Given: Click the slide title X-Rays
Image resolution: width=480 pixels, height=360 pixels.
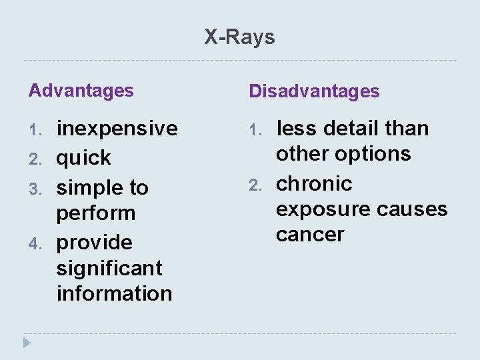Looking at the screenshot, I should (x=239, y=37).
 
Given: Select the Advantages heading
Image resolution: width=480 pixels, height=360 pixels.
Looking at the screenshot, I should (x=81, y=91).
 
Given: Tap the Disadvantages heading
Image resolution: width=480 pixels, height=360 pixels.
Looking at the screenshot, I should (x=314, y=91).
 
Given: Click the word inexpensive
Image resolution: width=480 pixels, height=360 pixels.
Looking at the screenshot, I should (x=117, y=128).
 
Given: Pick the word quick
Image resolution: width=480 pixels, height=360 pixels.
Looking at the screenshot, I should (x=83, y=158).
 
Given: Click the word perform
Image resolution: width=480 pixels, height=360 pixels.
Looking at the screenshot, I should (x=95, y=213).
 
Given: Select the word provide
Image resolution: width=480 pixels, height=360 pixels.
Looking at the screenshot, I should (x=94, y=243).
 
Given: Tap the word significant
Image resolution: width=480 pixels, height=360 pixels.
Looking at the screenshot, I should (x=109, y=268).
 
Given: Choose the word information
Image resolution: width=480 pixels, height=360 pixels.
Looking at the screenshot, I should (x=114, y=293).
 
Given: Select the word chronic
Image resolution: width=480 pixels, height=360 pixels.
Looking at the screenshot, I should (x=313, y=183).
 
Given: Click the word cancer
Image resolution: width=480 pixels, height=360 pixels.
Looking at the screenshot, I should (x=310, y=235).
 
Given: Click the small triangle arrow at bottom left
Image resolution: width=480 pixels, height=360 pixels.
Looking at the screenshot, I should (x=27, y=343).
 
